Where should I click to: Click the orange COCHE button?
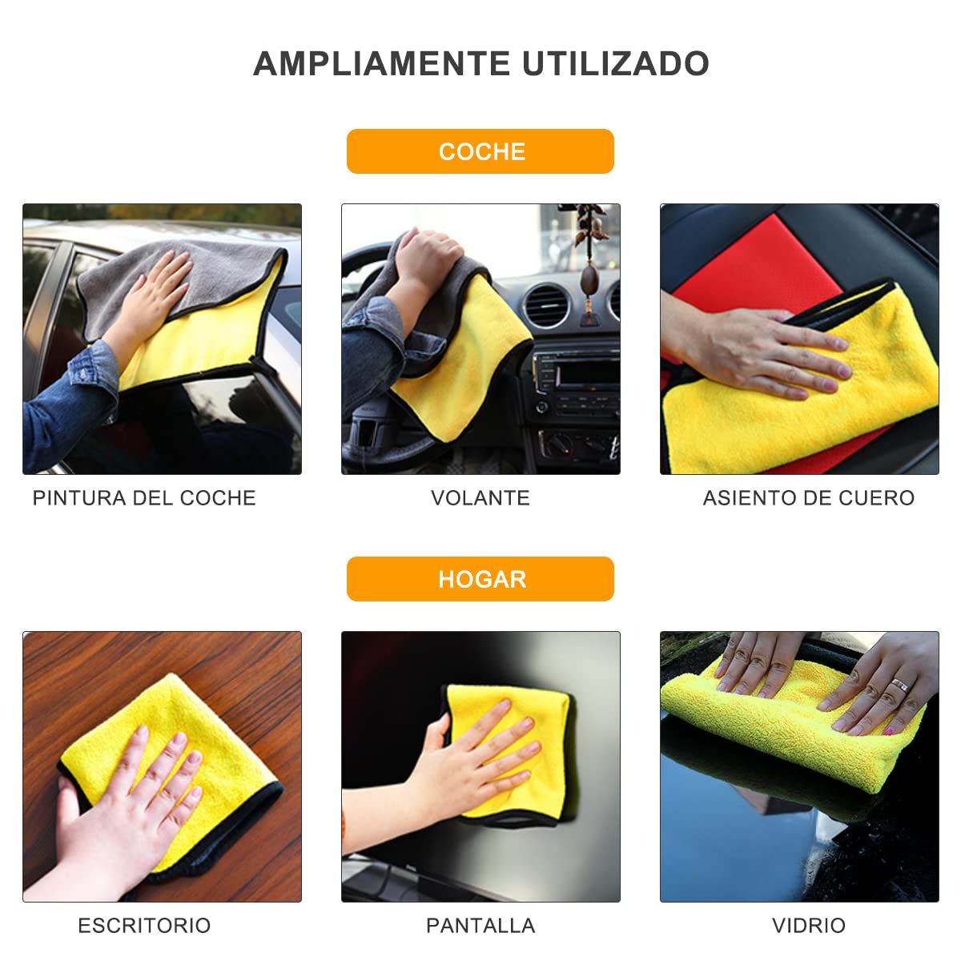[x=480, y=151]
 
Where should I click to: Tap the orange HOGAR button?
[x=480, y=579]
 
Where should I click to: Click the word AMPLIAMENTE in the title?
[x=382, y=64]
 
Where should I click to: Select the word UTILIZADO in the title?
[x=616, y=64]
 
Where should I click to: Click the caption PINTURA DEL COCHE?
[x=144, y=498]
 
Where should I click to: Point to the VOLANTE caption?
[x=480, y=498]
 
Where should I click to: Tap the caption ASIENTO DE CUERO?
[x=808, y=498]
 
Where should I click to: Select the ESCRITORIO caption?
[x=144, y=926]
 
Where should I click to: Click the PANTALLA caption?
[x=480, y=926]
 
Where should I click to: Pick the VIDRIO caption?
[x=808, y=926]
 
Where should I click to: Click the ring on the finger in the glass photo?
[x=900, y=686]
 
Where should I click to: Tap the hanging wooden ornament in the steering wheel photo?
[x=589, y=280]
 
